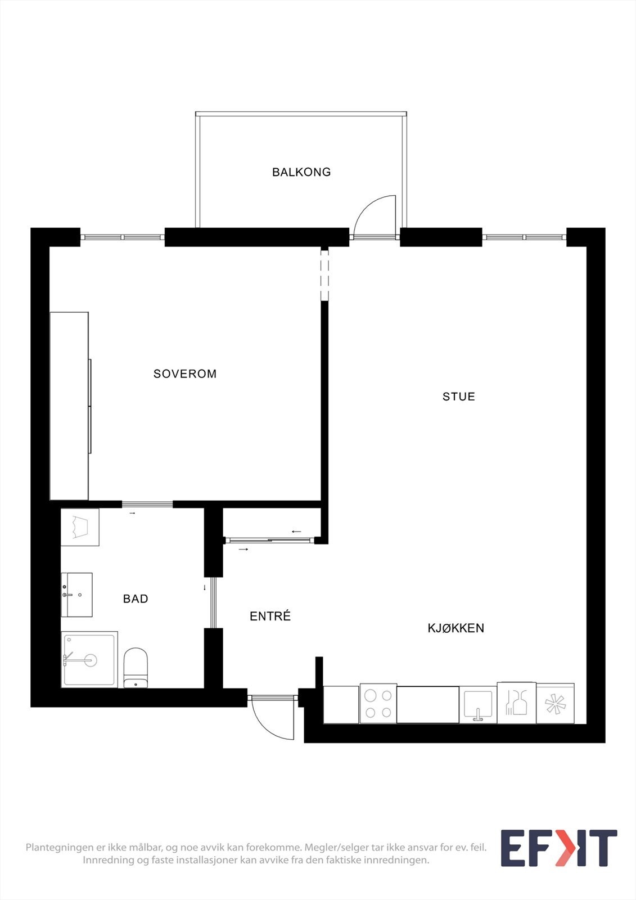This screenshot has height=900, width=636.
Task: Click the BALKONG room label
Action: tap(301, 172)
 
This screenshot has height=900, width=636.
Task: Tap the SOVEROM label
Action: tap(185, 373)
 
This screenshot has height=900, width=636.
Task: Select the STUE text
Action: tap(459, 397)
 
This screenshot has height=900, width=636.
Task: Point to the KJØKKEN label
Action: tap(456, 628)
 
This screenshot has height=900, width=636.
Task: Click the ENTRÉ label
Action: tap(270, 616)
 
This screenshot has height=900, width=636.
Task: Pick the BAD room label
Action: tap(136, 599)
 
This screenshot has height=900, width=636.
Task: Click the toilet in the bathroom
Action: tap(136, 668)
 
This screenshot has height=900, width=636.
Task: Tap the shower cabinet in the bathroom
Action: tap(89, 659)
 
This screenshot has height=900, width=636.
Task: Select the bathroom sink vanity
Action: tap(77, 595)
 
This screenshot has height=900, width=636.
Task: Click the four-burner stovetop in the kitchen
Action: tap(378, 703)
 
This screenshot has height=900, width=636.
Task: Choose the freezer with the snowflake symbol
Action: tap(555, 704)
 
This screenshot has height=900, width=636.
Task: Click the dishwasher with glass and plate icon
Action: tap(517, 703)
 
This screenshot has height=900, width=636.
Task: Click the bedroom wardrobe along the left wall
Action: tap(70, 406)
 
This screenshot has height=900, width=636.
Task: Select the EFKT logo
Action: tap(558, 848)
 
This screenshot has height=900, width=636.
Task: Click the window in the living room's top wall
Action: tap(524, 237)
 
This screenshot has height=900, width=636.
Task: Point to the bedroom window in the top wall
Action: tap(123, 237)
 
